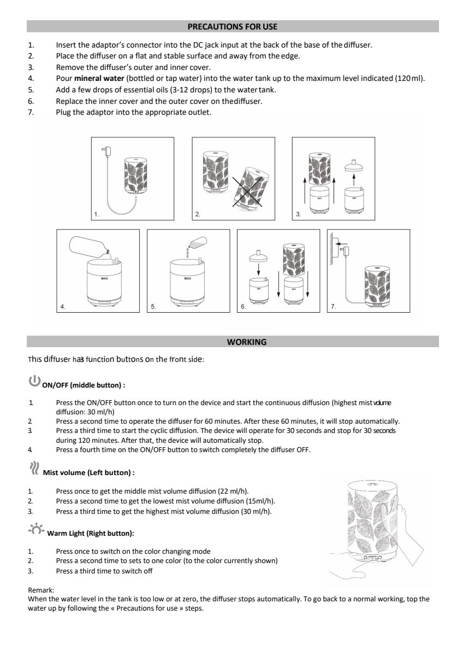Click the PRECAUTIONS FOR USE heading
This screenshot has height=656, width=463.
[x=232, y=26]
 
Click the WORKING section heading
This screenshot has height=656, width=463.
[x=246, y=342]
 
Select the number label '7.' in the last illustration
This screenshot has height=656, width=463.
[x=334, y=307]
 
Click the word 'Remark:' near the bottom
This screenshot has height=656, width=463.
[x=41, y=590]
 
